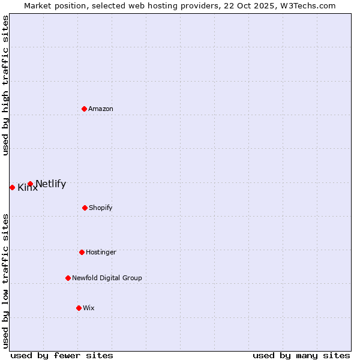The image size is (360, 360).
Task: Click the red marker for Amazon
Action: (84, 109)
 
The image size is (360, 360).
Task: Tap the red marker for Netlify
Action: (30, 184)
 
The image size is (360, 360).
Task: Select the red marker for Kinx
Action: (12, 187)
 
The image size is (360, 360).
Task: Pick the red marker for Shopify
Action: (85, 208)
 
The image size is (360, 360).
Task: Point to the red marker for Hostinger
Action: (82, 252)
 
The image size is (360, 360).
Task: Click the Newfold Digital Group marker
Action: (68, 278)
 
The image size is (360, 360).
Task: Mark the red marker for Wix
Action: (79, 308)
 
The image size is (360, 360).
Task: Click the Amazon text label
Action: (101, 109)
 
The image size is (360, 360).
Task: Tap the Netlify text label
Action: (50, 184)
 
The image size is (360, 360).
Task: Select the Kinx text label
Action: (28, 188)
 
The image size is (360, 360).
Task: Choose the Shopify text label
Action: (101, 208)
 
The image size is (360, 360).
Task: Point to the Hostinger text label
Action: (101, 252)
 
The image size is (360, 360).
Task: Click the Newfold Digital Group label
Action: (107, 278)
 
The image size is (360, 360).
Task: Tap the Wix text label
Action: (89, 308)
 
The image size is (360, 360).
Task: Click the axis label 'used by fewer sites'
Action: (62, 355)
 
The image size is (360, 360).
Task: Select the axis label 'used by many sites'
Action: (301, 355)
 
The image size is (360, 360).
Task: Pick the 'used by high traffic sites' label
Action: (5, 85)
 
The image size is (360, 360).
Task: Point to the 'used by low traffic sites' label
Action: (5, 281)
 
